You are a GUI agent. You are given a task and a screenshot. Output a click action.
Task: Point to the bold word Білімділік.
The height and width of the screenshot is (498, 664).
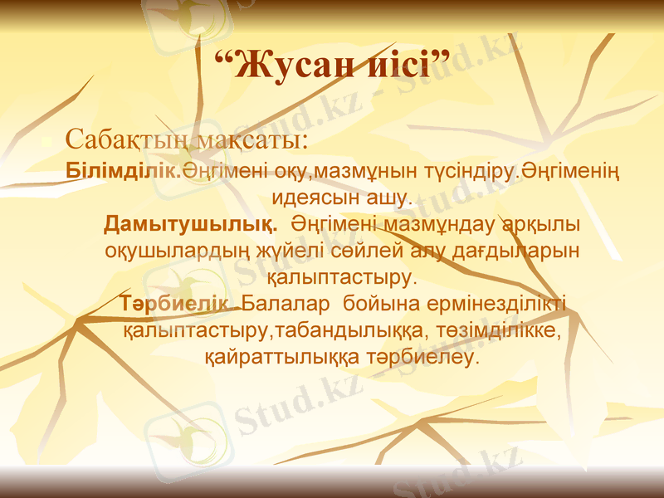[124, 171]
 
